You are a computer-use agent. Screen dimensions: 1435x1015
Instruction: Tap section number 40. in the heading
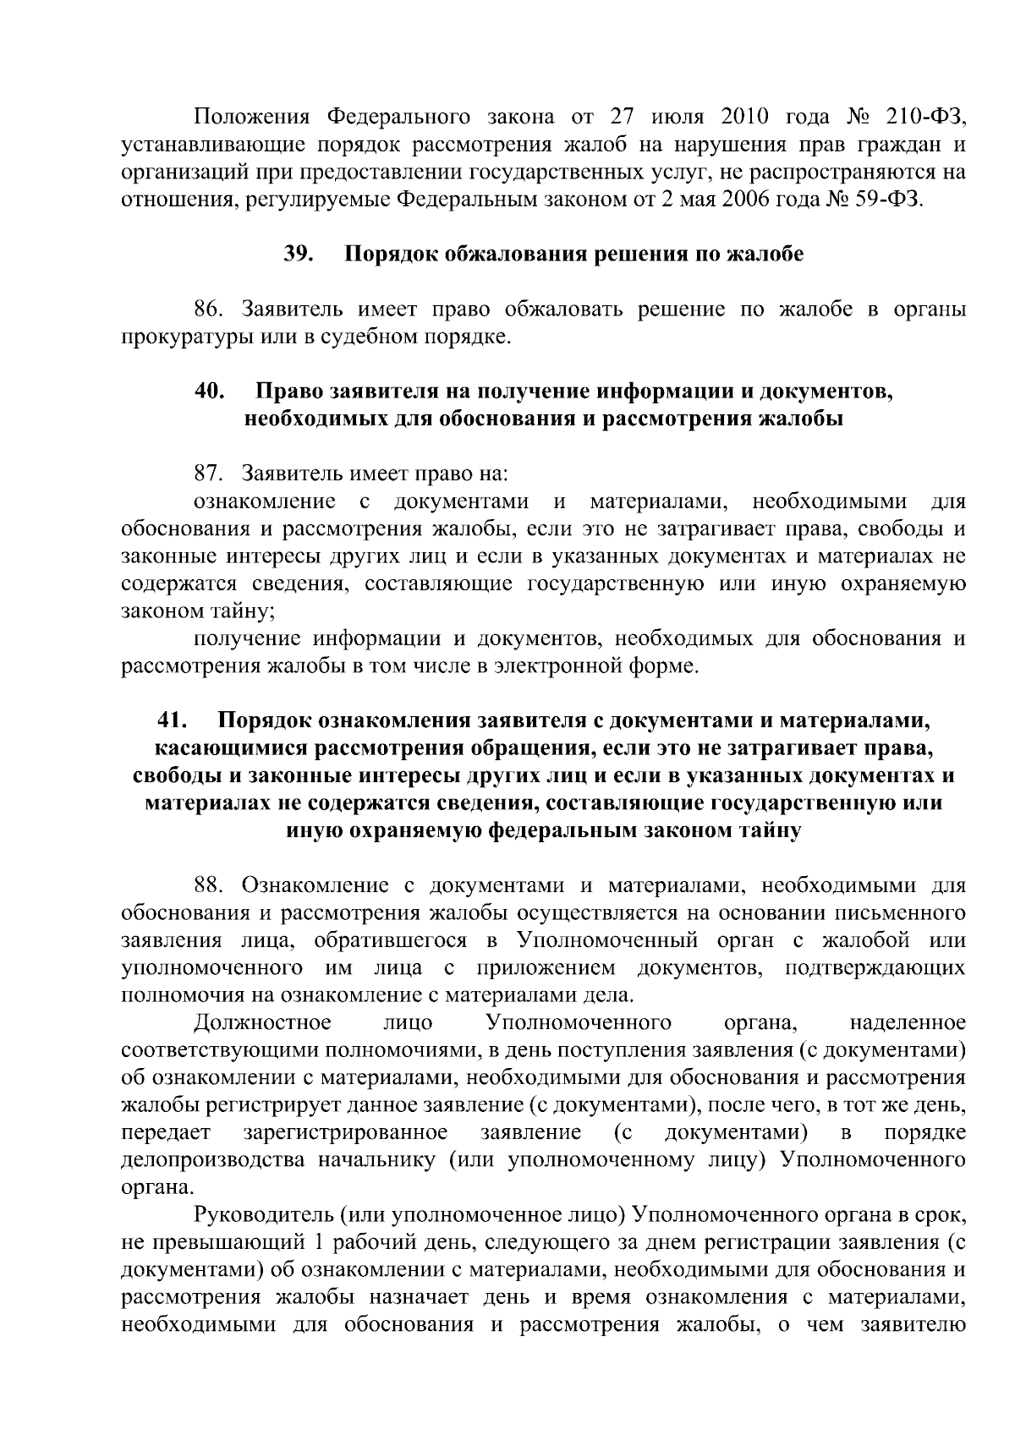pyautogui.click(x=209, y=392)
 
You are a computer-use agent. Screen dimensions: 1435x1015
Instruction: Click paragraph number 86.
pyautogui.click(x=211, y=309)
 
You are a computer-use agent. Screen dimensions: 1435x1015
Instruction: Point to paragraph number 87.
pyautogui.click(x=211, y=474)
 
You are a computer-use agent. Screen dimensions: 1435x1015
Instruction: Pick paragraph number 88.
pyautogui.click(x=211, y=885)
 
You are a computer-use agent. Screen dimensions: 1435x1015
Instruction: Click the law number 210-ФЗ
pyautogui.click(x=926, y=116)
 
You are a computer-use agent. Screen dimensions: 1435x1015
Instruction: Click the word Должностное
pyautogui.click(x=262, y=1023)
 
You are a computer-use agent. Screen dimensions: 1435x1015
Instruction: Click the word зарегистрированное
pyautogui.click(x=345, y=1133)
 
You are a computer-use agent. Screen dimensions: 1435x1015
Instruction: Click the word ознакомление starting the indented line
pyautogui.click(x=264, y=501)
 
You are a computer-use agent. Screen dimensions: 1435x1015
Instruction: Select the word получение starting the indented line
pyautogui.click(x=245, y=638)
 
